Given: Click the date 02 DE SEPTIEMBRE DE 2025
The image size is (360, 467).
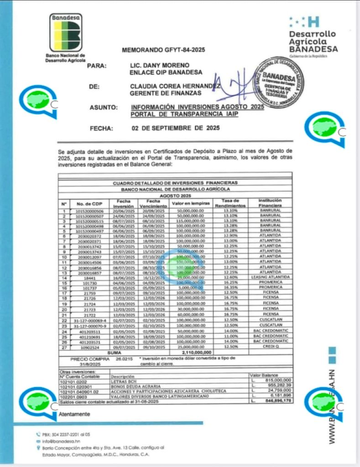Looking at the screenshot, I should coord(175,128).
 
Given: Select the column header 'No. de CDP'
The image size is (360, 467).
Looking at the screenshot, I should coord(89,203).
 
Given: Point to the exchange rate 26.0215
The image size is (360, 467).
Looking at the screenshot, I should coord(124,359).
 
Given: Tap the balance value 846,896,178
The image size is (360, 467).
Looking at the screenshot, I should coord(276,401).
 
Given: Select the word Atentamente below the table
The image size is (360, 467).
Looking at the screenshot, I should coord(74,414).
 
